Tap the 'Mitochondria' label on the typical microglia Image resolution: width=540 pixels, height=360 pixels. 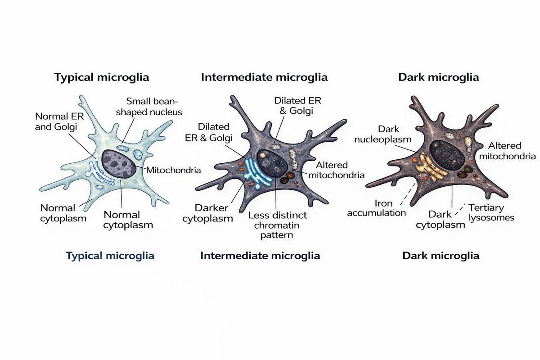click(x=174, y=171)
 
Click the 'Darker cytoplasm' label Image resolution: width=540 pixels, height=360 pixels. click(x=214, y=213)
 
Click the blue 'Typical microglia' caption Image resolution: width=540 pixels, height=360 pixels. click(x=110, y=256)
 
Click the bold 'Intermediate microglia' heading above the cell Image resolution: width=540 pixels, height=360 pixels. click(x=264, y=77)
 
